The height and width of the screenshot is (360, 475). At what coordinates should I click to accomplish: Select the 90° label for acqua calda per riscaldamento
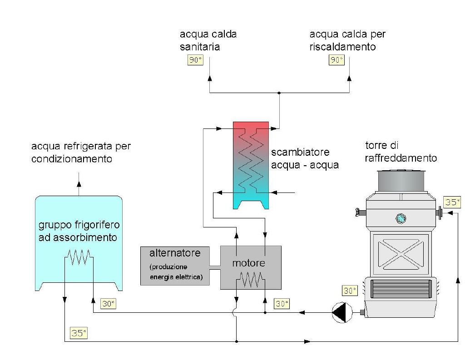point(336,60)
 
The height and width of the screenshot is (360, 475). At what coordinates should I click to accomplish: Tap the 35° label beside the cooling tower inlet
point(452,202)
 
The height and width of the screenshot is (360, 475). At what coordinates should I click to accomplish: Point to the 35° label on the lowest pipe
point(78,333)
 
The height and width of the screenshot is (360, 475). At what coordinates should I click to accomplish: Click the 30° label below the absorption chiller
point(108,304)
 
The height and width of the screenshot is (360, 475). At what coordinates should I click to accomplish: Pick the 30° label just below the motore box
point(282,304)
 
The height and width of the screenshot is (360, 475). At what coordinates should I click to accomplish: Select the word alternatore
point(175,253)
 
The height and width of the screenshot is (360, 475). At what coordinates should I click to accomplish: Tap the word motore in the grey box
point(249,263)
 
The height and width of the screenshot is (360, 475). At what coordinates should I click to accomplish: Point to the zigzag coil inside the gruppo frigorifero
point(79,258)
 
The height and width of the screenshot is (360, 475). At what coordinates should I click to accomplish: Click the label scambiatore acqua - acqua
point(305,158)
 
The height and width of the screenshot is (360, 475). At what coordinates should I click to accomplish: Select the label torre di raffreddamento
point(401,152)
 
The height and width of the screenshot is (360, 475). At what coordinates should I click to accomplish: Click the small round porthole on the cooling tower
point(401,219)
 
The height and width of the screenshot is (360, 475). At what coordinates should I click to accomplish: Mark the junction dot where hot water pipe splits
point(279,93)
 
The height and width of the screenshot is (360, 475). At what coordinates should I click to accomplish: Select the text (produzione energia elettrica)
point(176,271)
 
